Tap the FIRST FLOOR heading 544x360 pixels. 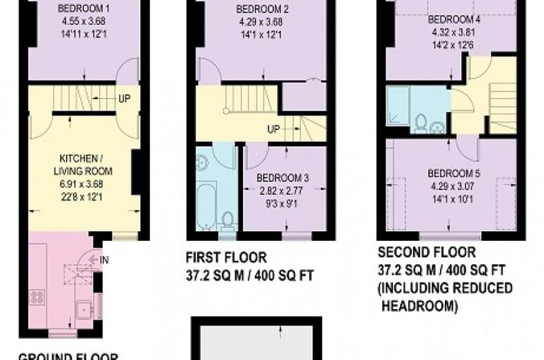point(227,257)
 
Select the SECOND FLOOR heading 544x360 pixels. point(426,252)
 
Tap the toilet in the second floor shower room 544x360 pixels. point(420,123)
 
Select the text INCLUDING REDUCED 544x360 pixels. point(445,288)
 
